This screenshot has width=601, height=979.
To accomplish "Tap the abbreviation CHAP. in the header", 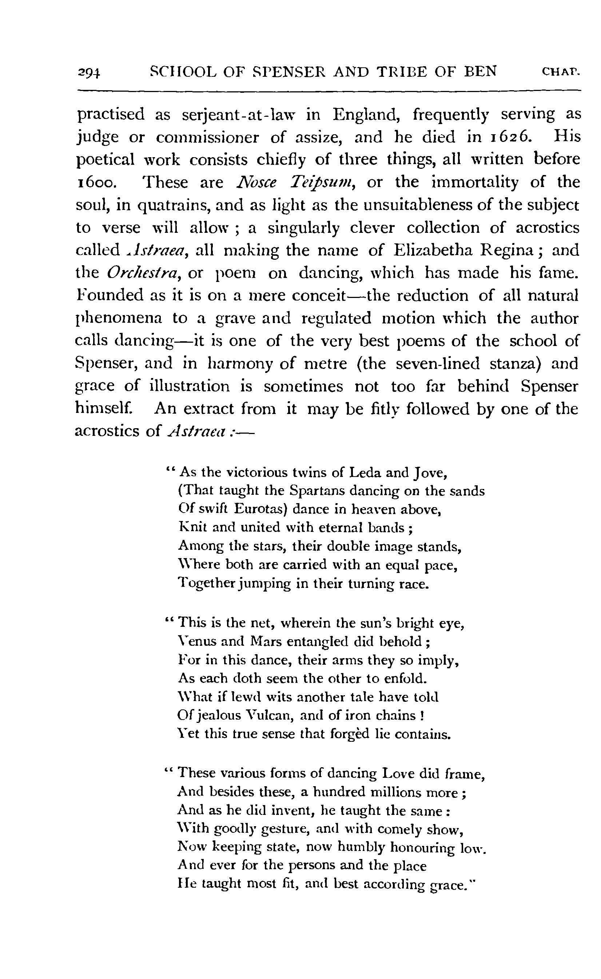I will point(561,72).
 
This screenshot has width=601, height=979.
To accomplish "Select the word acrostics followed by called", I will point(547,228).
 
